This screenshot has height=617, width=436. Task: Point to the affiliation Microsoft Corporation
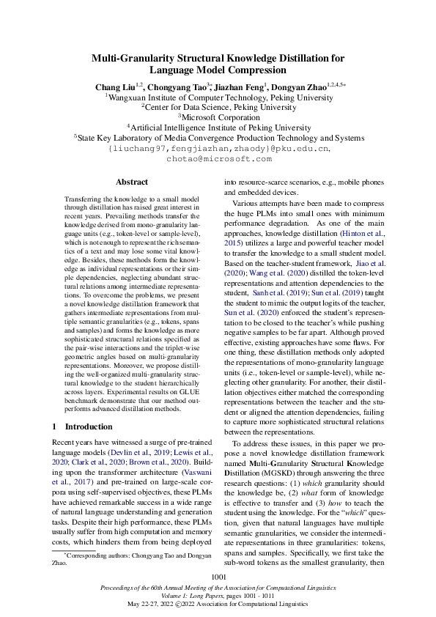coord(220,117)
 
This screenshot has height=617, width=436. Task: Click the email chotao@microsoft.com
coord(218,158)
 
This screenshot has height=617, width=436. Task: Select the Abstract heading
coord(132,182)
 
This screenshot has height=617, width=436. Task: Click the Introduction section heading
coord(87,426)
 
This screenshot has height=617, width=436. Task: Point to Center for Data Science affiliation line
coord(218,106)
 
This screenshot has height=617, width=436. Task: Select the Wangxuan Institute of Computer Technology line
coord(218,96)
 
